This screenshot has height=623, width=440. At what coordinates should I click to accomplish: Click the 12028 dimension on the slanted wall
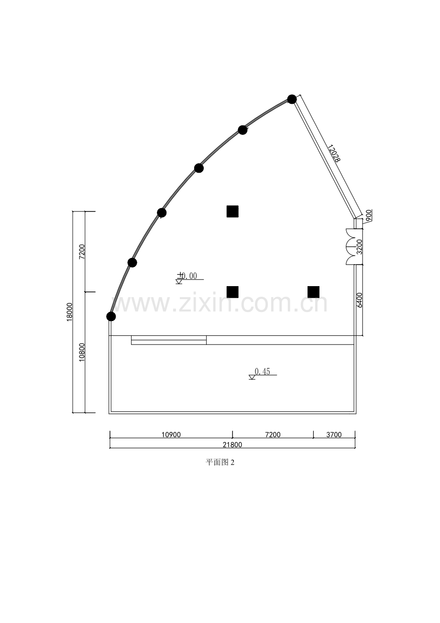tap(333, 153)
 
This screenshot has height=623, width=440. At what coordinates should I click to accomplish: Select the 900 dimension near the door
tap(369, 215)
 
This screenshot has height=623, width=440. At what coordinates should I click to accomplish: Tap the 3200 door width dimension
tap(360, 247)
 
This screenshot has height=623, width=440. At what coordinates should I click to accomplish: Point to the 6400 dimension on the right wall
tap(360, 300)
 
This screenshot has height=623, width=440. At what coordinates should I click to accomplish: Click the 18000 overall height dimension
tap(69, 312)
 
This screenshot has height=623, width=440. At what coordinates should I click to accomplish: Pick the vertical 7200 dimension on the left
tap(82, 252)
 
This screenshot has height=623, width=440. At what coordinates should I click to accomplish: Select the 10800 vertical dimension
tap(82, 352)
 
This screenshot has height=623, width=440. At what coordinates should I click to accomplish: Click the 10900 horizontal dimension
tap(171, 434)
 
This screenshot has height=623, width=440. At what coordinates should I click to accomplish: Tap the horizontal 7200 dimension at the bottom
tap(273, 434)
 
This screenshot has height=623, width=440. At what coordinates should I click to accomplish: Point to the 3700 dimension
tap(334, 434)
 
